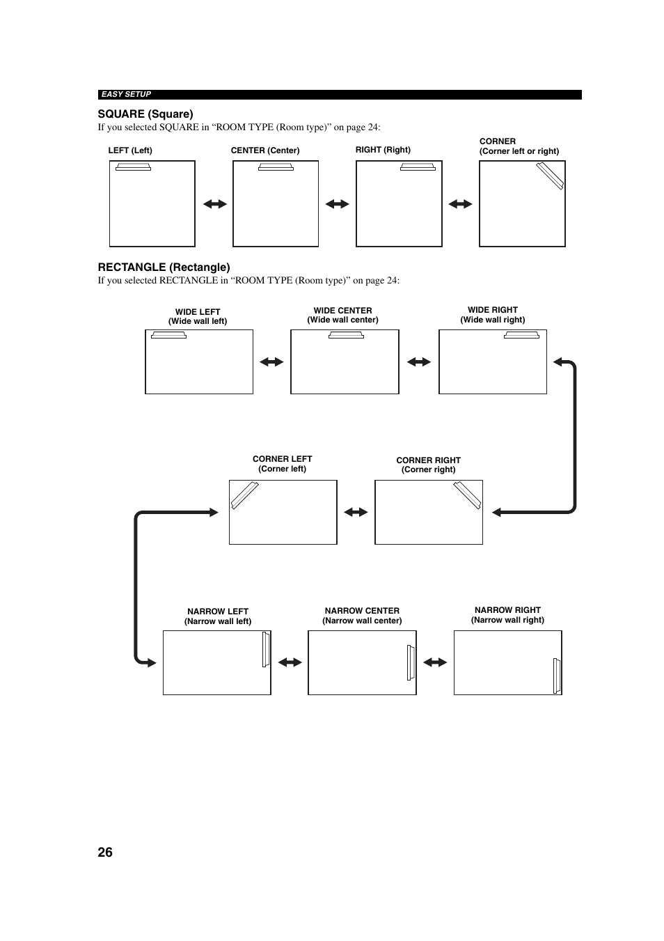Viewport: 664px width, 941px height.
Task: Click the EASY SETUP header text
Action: (126, 95)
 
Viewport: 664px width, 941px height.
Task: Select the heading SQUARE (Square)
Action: (145, 114)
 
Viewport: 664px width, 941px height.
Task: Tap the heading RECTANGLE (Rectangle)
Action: (164, 267)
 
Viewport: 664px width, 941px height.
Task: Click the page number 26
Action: (105, 853)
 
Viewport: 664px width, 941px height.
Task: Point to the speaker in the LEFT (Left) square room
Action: (133, 167)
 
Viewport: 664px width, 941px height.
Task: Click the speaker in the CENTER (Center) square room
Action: (276, 167)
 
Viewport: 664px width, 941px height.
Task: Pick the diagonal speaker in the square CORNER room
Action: (550, 176)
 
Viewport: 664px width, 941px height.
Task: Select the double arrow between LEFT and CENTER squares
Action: (215, 204)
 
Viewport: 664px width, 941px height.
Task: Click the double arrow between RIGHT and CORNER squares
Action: (461, 204)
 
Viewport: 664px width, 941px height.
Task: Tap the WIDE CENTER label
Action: (342, 311)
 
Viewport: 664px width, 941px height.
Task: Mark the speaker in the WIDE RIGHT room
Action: (522, 335)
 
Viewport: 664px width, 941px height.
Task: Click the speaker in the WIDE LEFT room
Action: (168, 335)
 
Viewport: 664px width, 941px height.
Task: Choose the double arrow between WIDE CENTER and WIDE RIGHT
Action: (419, 362)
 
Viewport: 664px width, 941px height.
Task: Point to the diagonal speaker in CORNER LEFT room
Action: (245, 495)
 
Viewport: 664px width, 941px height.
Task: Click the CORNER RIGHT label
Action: (428, 460)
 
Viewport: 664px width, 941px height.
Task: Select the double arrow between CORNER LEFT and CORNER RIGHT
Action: (356, 512)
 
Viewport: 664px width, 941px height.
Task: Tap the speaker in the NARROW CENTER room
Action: (411, 662)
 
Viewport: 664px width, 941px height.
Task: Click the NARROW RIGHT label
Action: (507, 610)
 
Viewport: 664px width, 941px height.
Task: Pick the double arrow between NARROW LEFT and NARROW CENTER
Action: (290, 662)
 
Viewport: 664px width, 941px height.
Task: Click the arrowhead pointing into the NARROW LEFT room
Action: (152, 663)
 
